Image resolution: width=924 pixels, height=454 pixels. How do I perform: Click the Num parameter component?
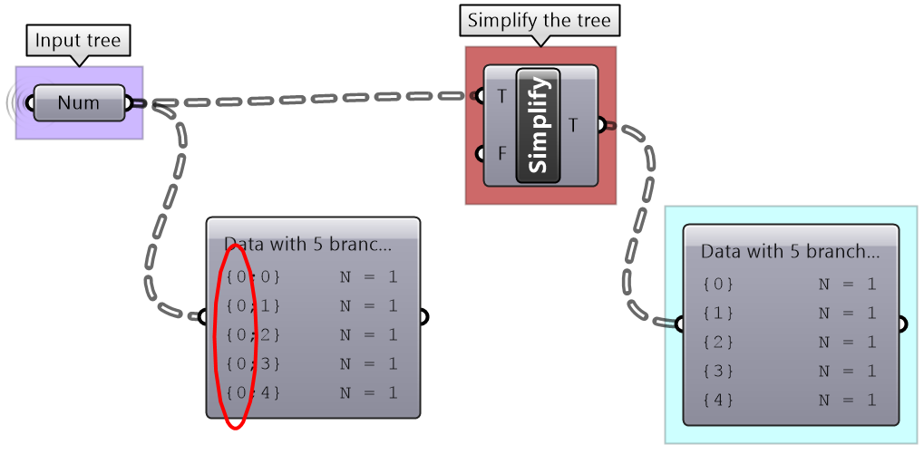pyautogui.click(x=78, y=102)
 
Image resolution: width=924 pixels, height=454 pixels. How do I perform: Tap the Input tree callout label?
pyautogui.click(x=78, y=41)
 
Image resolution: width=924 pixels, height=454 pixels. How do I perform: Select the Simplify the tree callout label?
pyautogui.click(x=540, y=21)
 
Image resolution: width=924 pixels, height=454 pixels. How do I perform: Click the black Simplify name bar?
pyautogui.click(x=539, y=125)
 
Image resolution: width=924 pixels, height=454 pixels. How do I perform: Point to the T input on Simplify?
pyautogui.click(x=501, y=96)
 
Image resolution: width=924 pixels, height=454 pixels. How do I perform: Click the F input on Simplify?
pyautogui.click(x=501, y=153)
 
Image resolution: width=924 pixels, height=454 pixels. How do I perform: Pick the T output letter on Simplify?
pyautogui.click(x=574, y=125)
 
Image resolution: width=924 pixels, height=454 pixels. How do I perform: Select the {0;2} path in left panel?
pyautogui.click(x=252, y=335)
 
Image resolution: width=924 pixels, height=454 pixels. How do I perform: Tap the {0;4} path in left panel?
pyautogui.click(x=252, y=393)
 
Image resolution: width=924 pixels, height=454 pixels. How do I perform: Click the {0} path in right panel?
pyautogui.click(x=718, y=285)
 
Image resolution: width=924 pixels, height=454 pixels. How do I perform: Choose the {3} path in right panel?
pyautogui.click(x=718, y=372)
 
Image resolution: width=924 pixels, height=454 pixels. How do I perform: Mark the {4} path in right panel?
pyautogui.click(x=718, y=401)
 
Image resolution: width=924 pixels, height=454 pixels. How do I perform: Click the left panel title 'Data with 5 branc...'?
pyautogui.click(x=307, y=245)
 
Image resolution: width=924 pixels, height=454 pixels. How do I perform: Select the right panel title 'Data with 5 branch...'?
pyautogui.click(x=790, y=252)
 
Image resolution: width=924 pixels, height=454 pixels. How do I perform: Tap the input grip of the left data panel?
pyautogui.click(x=202, y=317)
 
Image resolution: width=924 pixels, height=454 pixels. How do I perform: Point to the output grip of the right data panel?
pyautogui.click(x=902, y=324)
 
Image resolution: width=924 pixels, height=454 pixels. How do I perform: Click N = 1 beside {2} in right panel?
pyautogui.click(x=847, y=343)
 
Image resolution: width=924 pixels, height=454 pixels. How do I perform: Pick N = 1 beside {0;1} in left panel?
pyautogui.click(x=368, y=306)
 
